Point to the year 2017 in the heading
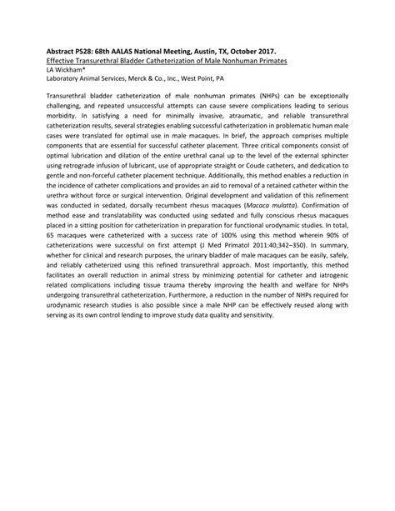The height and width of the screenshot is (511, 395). coord(272,52)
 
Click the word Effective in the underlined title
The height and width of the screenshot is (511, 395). coord(60,62)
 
